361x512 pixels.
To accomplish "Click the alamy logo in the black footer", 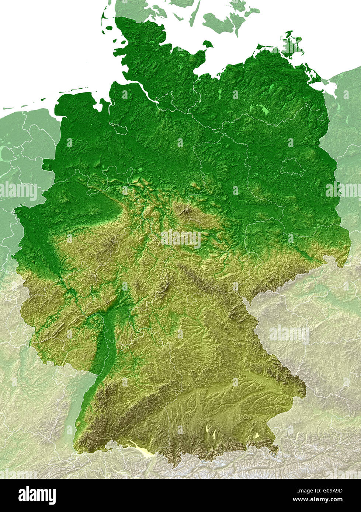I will point(37,495).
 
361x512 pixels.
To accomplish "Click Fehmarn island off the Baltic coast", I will point(208,44).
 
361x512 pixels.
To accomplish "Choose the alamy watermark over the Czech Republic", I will point(289,334).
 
